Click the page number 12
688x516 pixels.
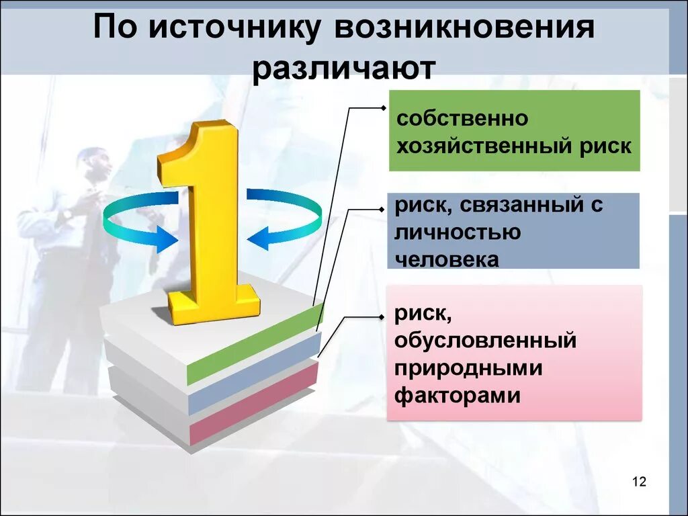(x=638, y=482)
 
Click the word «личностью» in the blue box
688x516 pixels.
(x=458, y=232)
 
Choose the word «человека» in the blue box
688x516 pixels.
(x=447, y=259)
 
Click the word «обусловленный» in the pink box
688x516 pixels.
(x=486, y=340)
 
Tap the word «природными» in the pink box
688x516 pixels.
(x=468, y=368)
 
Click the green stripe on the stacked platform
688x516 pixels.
(x=255, y=343)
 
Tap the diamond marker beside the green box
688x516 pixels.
(x=383, y=107)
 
